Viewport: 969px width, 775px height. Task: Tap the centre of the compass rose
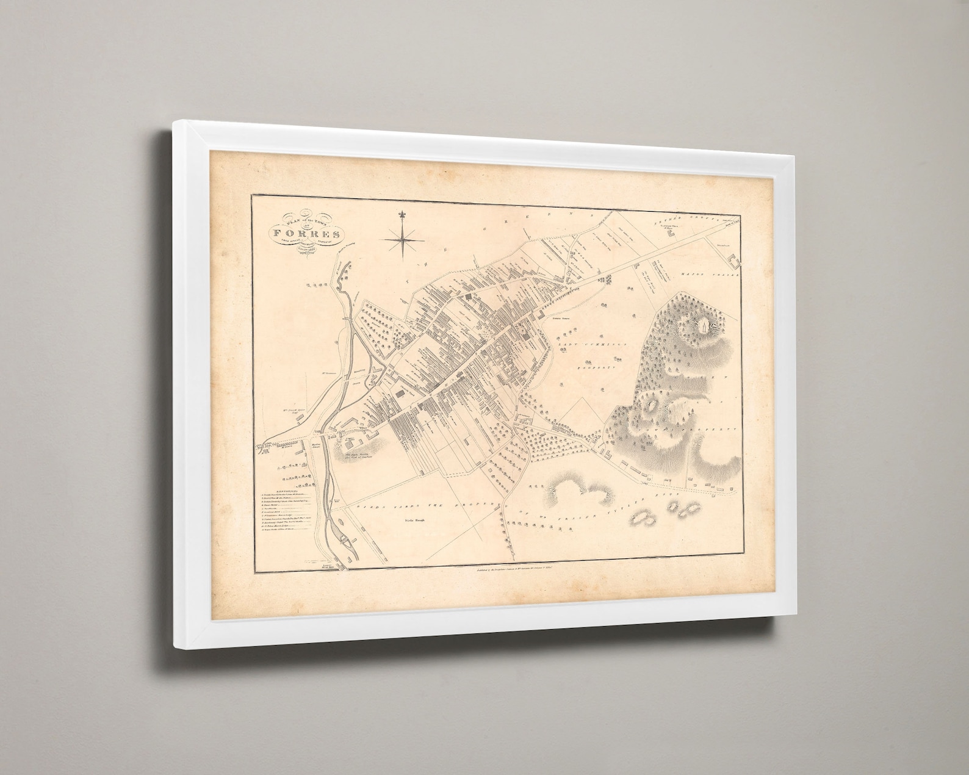(402, 240)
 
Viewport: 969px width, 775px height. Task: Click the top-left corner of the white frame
(174, 121)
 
